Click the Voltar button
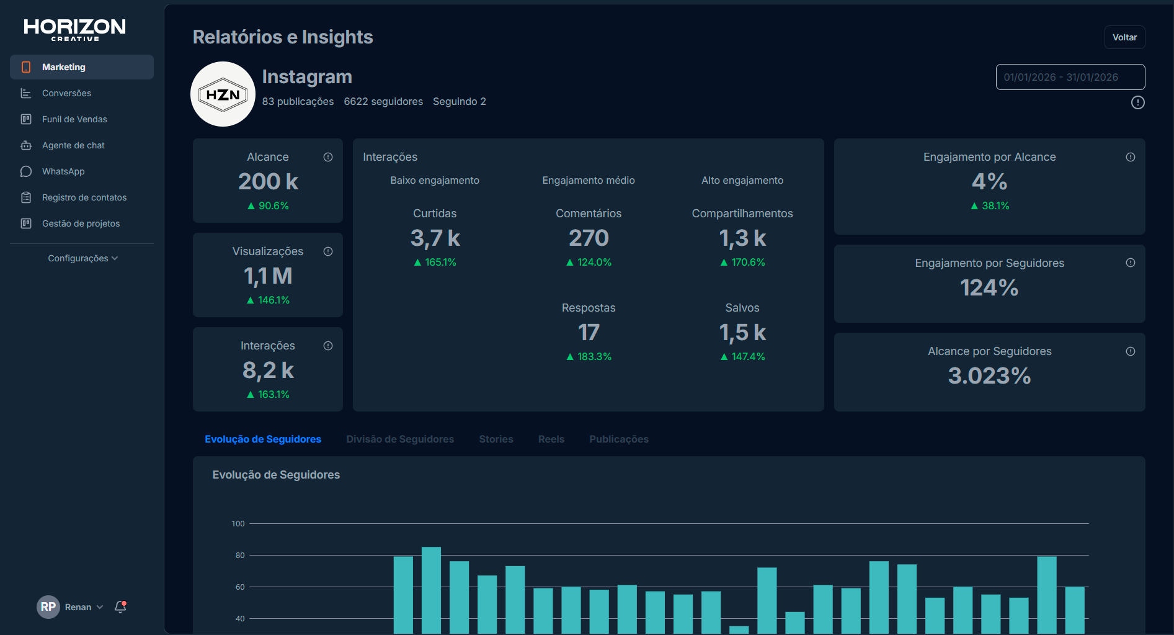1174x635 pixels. (1124, 37)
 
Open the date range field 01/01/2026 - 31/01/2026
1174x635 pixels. (1070, 77)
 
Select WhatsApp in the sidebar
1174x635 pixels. (63, 171)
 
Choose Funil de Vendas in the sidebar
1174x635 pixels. (74, 119)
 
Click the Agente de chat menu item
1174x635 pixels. (73, 145)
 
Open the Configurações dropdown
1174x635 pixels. (82, 258)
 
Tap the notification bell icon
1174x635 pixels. (120, 607)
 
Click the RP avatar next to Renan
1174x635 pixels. (48, 607)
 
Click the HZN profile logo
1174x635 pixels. (223, 94)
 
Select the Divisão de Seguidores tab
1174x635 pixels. (400, 439)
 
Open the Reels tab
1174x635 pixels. (551, 439)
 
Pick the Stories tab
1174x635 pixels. (496, 439)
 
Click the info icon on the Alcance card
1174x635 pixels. (328, 157)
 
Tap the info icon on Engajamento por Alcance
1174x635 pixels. (1131, 157)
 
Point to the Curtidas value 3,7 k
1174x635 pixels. (435, 238)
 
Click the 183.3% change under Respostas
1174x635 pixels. (589, 356)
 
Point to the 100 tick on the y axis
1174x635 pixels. (238, 524)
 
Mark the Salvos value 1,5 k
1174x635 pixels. (742, 333)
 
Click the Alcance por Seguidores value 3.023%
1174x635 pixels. (989, 376)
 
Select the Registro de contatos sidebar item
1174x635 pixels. (84, 197)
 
